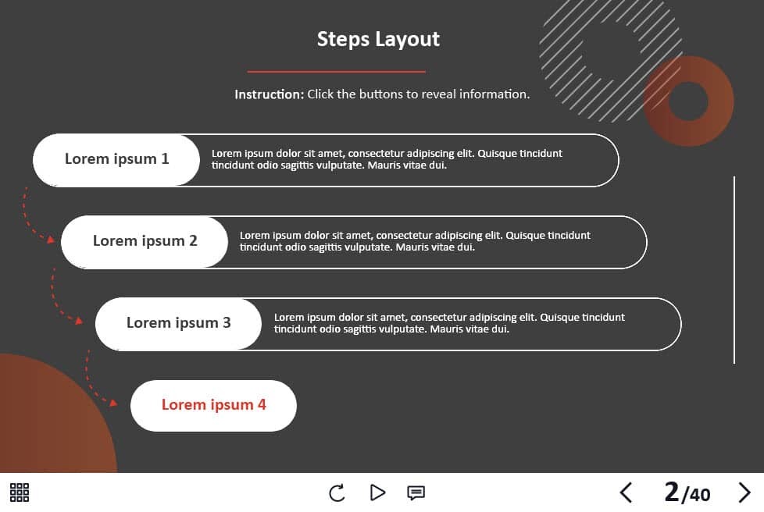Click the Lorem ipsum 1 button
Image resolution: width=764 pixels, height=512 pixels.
pos(116,160)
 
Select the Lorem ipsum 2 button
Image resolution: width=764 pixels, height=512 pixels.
pos(145,242)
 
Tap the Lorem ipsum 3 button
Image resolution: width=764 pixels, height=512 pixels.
pos(178,324)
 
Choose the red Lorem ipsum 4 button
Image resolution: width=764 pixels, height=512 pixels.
pos(213,405)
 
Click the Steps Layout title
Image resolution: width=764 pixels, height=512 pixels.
pos(378,40)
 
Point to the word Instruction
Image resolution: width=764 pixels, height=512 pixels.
pos(269,94)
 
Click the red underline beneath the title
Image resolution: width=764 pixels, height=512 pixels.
pos(336,72)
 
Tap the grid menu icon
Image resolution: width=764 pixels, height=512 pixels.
pos(20,492)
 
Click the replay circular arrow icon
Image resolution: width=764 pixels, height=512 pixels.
pos(337,492)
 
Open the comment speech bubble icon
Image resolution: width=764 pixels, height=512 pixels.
pos(416,493)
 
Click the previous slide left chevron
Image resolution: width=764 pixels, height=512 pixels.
pos(626,492)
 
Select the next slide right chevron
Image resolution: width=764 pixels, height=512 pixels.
pos(744,492)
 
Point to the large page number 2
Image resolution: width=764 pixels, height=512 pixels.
pos(671,492)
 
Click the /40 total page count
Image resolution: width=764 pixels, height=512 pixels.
pos(696,495)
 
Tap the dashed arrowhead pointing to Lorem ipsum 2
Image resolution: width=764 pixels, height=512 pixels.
pos(51,239)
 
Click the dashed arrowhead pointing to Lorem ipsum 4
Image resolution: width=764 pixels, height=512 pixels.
pos(113,403)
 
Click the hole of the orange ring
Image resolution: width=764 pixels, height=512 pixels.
pos(688,101)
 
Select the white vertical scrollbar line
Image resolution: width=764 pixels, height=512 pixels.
pos(734,270)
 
